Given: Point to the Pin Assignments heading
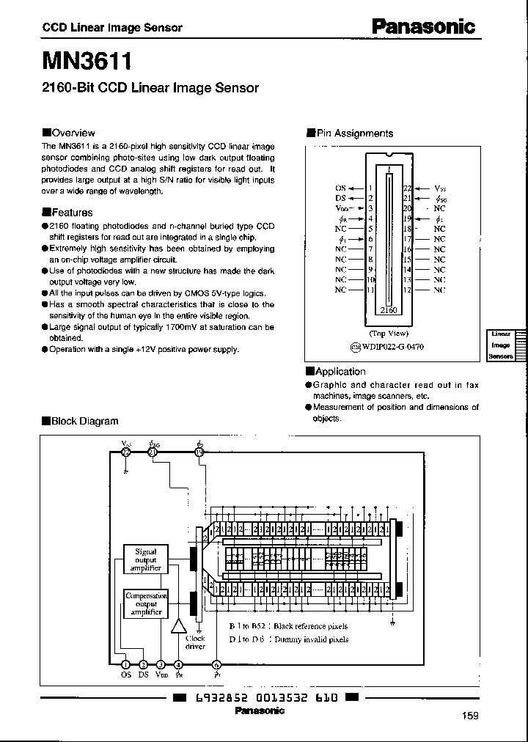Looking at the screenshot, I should click(353, 133).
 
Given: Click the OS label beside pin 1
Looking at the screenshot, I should click(340, 188).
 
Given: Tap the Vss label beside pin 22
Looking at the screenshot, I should click(439, 188).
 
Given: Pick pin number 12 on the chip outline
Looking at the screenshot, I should click(408, 290).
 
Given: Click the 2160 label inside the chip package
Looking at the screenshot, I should click(389, 310).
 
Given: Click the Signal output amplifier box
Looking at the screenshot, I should click(145, 559).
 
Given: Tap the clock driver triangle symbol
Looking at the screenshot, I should click(178, 625).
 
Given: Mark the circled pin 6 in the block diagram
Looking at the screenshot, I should click(216, 665).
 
